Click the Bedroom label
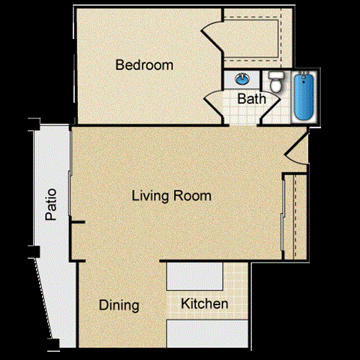click(144, 65)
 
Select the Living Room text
click(171, 196)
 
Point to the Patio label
click(51, 208)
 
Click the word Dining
click(119, 305)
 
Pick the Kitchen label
click(205, 304)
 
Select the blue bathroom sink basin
click(243, 78)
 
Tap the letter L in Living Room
click(135, 196)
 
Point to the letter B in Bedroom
click(119, 65)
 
